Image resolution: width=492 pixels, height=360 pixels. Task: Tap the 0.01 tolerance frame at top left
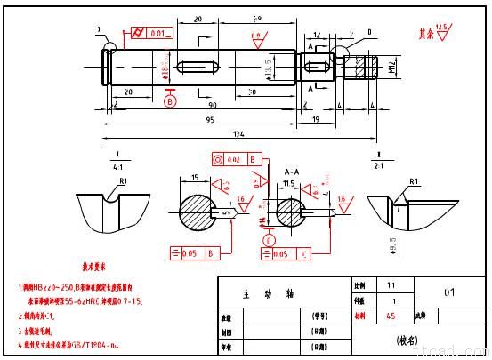tap(150, 33)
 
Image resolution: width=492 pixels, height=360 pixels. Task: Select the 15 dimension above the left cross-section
tap(194, 177)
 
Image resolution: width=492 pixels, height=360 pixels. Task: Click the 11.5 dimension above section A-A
tap(289, 182)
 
